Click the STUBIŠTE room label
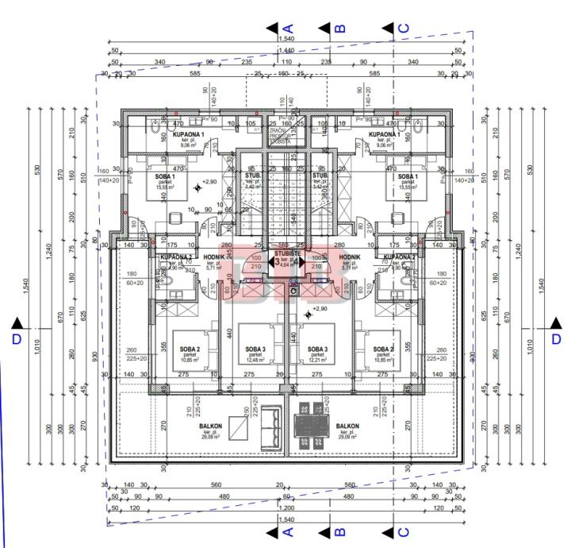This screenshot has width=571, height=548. pyautogui.click(x=285, y=253)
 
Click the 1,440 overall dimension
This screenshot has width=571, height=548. pyautogui.click(x=285, y=50)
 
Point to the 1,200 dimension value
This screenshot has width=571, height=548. pyautogui.click(x=285, y=506)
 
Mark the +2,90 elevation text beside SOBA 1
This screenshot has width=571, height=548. pyautogui.click(x=209, y=182)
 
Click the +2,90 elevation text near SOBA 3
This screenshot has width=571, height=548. pyautogui.click(x=320, y=309)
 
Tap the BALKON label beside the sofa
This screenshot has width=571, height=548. pyautogui.click(x=211, y=426)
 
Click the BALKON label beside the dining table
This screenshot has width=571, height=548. pyautogui.click(x=347, y=426)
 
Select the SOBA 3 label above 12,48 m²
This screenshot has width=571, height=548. pyautogui.click(x=255, y=349)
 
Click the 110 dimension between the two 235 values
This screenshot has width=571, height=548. pyautogui.click(x=285, y=61)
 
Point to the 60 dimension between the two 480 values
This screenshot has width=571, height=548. pyautogui.click(x=287, y=497)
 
